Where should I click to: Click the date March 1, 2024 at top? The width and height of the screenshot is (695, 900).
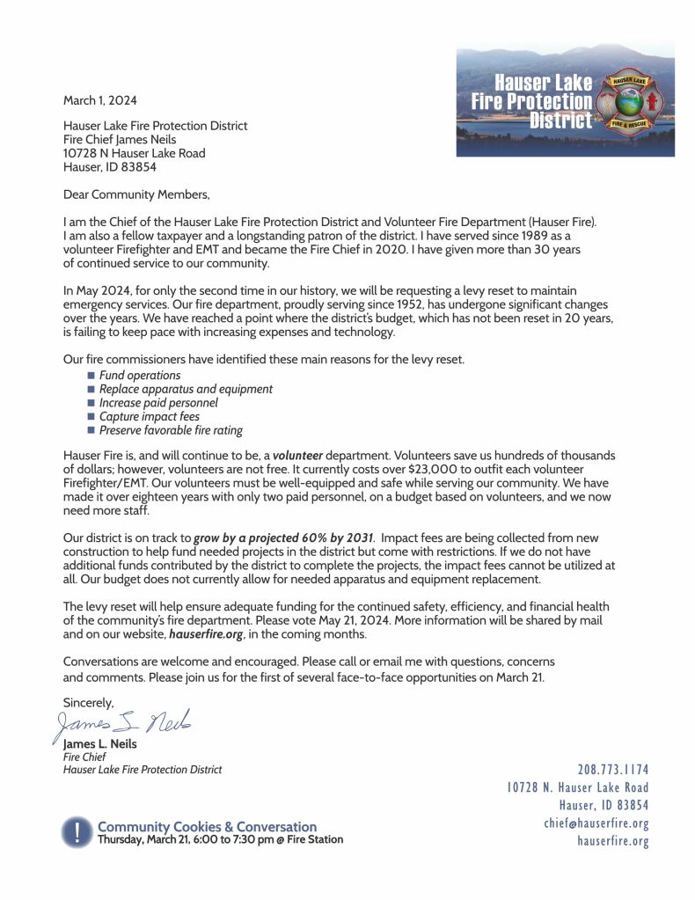(x=99, y=100)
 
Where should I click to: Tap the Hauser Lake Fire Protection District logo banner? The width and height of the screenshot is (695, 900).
(x=565, y=101)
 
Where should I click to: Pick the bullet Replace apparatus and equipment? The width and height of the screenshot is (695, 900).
(x=186, y=389)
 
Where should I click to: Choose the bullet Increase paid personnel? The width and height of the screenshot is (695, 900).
(x=158, y=403)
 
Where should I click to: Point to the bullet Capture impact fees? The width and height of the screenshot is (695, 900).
(x=149, y=416)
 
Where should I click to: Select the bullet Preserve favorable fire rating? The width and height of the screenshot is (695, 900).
(x=171, y=430)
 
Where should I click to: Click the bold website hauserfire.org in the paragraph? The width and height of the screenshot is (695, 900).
(x=207, y=633)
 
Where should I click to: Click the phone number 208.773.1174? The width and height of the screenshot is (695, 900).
(x=613, y=770)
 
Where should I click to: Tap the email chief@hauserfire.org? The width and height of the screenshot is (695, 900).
(x=596, y=823)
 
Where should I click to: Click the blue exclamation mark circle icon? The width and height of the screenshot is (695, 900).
(x=77, y=831)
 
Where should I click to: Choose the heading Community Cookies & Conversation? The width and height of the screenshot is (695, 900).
(x=207, y=827)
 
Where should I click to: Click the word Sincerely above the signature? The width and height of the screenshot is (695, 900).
(x=89, y=702)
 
